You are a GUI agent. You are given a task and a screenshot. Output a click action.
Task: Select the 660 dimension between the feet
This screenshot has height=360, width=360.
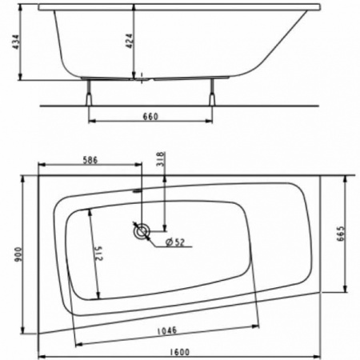pyautogui.click(x=149, y=116)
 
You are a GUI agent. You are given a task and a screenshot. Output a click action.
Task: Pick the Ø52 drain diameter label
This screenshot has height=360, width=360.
pyautogui.click(x=174, y=242)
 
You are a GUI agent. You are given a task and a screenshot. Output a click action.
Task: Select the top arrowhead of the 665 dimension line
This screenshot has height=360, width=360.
pyautogui.click(x=346, y=179)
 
